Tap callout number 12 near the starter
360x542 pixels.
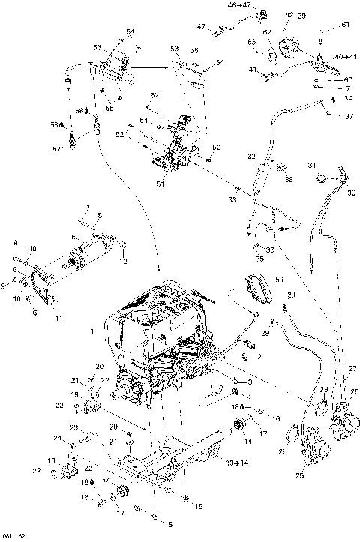pyautogui.click(x=124, y=261)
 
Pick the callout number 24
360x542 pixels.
pyautogui.click(x=57, y=438)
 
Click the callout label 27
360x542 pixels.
pyautogui.click(x=352, y=369)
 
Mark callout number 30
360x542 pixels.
pyautogui.click(x=351, y=193)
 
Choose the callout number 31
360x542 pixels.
pyautogui.click(x=310, y=166)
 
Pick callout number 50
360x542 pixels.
pyautogui.click(x=217, y=147)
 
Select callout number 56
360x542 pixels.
pyautogui.click(x=97, y=47)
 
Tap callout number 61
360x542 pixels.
pyautogui.click(x=346, y=25)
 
